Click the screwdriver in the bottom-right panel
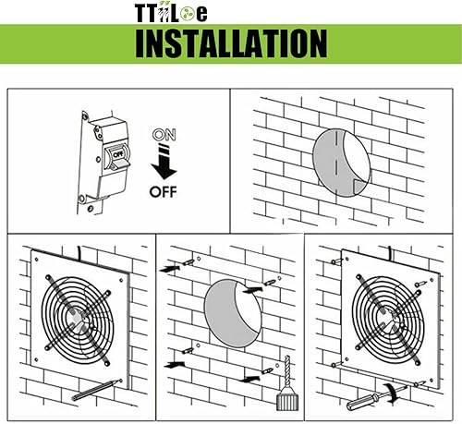tap(365, 400)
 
